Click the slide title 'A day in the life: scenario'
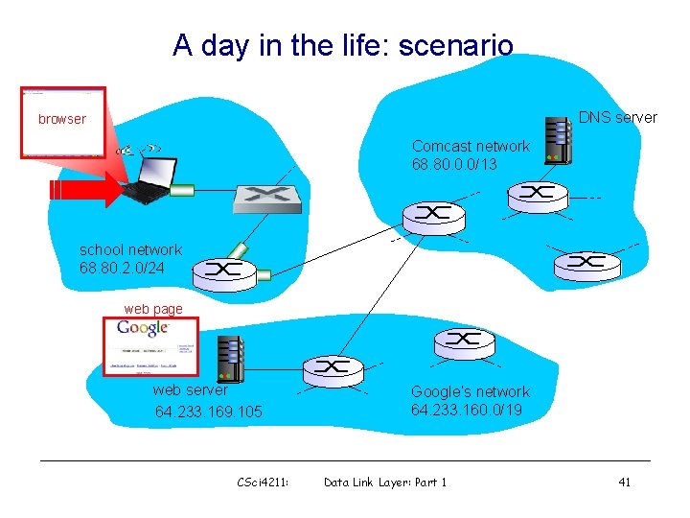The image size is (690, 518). pos(343,45)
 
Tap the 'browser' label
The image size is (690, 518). pos(62,120)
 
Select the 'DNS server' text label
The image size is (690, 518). pos(618,118)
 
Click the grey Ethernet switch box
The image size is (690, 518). pos(268,199)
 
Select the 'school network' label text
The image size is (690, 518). pos(130,250)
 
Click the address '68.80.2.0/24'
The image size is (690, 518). pos(123,268)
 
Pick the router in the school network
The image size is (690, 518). pos(223,271)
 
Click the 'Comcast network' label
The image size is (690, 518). pos(471,147)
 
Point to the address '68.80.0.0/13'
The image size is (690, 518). pos(455,164)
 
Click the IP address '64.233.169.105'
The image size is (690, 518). pos(209,412)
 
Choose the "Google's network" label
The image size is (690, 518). pos(470,391)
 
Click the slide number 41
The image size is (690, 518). pos(624,483)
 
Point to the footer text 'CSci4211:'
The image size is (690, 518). pos(263,483)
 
